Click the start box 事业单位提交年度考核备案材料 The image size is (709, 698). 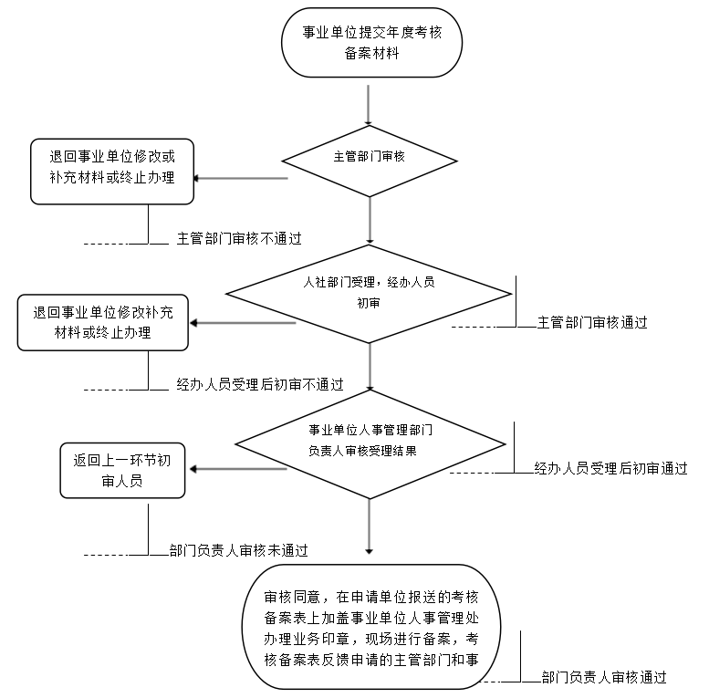[370, 43]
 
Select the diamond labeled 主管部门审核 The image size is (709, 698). [370, 158]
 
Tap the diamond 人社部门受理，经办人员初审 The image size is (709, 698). [370, 293]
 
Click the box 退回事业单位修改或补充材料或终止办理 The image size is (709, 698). [113, 171]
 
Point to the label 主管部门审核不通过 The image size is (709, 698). [239, 239]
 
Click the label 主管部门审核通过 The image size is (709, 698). [592, 322]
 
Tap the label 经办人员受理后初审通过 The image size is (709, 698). [610, 469]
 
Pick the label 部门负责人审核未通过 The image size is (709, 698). [238, 550]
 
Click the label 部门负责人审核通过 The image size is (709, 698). [603, 678]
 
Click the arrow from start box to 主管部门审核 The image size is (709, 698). [370, 105]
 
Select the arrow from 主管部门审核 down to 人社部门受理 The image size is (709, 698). [370, 219]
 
